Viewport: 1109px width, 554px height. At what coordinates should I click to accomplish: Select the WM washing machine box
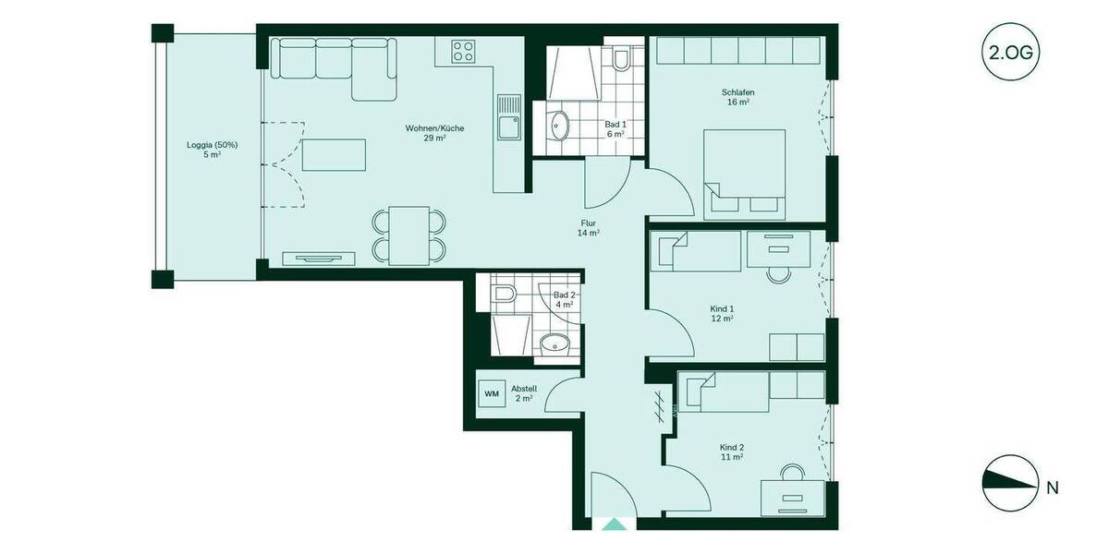click(x=492, y=393)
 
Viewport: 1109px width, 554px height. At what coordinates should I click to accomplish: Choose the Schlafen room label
click(x=736, y=97)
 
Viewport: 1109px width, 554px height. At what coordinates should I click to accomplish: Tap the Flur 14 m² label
click(x=589, y=228)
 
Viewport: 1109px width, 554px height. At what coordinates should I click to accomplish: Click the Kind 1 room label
click(x=722, y=313)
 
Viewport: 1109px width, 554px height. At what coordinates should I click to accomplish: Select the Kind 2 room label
click(x=732, y=452)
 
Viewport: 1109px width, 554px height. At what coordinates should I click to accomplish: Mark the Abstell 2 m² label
click(x=524, y=393)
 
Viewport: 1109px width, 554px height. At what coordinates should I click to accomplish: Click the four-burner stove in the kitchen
click(x=463, y=53)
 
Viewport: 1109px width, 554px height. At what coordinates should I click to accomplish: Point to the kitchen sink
click(x=508, y=126)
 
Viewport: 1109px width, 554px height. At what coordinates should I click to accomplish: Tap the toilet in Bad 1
click(x=620, y=60)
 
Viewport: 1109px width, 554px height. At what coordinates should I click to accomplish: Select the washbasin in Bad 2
click(x=554, y=343)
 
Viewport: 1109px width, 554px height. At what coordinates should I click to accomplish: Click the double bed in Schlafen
click(x=745, y=175)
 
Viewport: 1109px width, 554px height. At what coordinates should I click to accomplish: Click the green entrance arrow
click(x=613, y=525)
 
